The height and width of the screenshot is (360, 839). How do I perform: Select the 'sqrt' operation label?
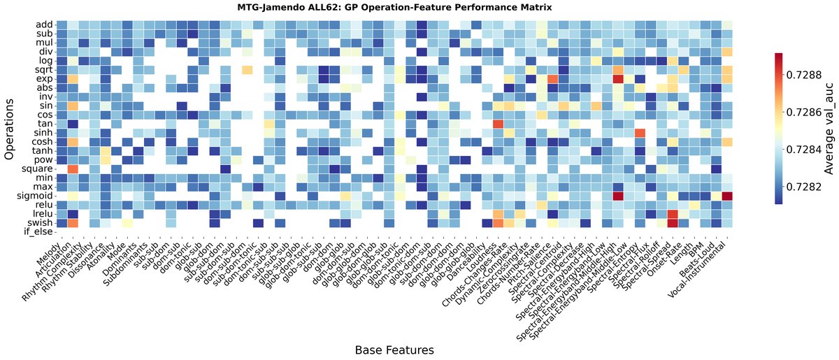(42, 70)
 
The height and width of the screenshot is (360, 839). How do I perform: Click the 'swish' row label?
(39, 223)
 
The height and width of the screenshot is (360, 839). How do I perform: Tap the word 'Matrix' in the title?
(533, 8)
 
